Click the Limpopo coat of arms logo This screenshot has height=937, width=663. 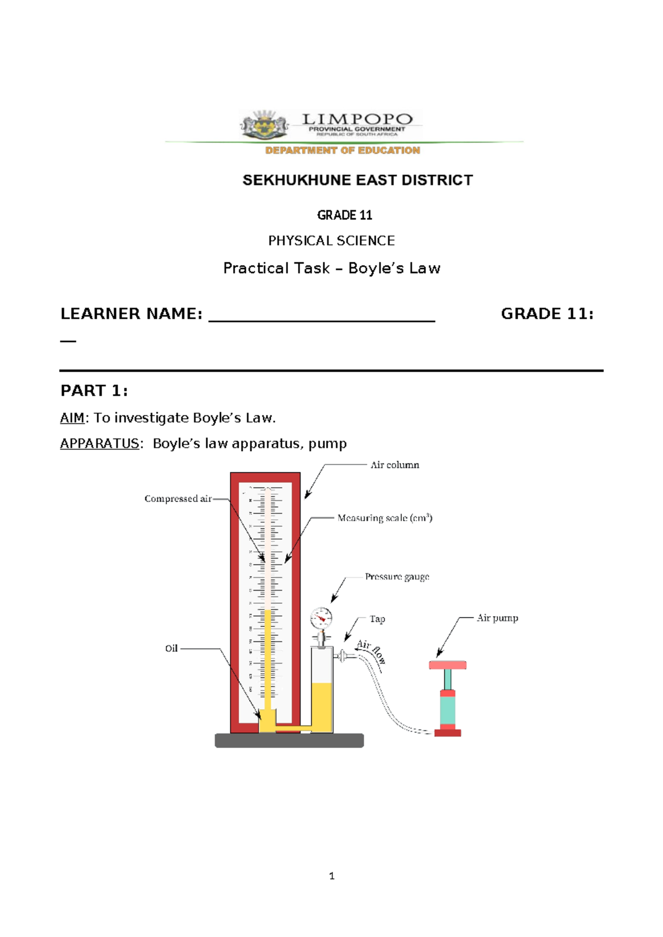[x=264, y=125]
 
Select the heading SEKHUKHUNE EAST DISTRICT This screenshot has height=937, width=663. [x=357, y=180]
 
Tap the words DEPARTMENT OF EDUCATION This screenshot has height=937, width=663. [x=343, y=150]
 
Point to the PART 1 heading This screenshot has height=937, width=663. [x=94, y=391]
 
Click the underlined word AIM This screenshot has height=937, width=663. [x=72, y=418]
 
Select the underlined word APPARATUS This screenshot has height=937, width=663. [x=99, y=444]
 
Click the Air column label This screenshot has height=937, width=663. [x=394, y=465]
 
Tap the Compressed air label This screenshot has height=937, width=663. [x=178, y=499]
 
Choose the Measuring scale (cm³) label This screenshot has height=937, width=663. [x=385, y=518]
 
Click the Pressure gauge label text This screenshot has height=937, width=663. [x=397, y=577]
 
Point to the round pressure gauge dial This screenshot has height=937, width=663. [x=321, y=618]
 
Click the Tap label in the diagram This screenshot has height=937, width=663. [x=377, y=619]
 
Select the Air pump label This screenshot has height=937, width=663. [x=497, y=618]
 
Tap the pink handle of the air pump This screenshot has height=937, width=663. [x=448, y=665]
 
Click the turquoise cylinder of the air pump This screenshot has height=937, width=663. [x=448, y=710]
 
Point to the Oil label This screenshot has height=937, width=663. [x=171, y=649]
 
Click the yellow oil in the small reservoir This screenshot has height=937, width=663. [x=322, y=706]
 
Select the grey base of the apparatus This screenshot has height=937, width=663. [x=289, y=740]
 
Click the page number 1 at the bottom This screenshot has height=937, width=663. [x=331, y=876]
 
